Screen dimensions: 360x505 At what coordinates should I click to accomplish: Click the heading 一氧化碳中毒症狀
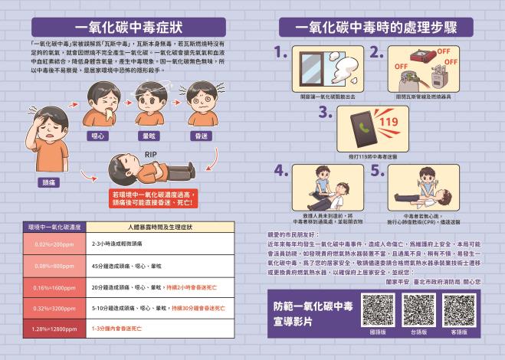pos(128,27)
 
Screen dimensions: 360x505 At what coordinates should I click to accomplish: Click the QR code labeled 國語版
pos(377,309)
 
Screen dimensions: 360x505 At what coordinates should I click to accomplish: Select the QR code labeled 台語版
pos(418,309)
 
